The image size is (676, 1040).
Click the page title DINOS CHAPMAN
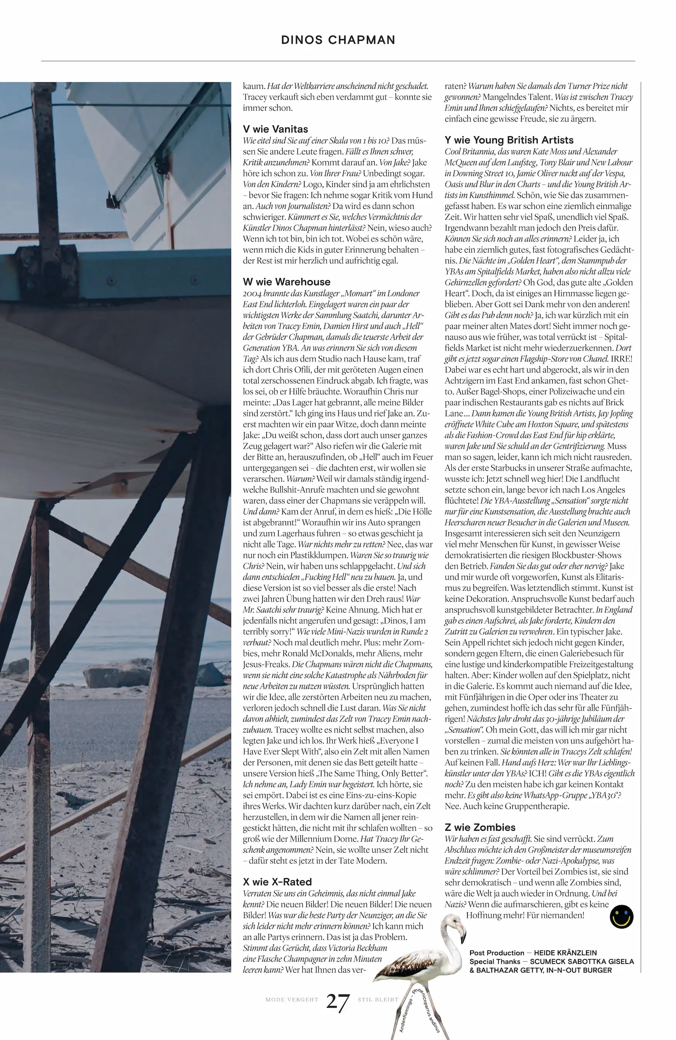pos(338,40)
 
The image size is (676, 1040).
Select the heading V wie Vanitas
pos(275,129)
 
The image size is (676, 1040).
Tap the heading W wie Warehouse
pos(287,282)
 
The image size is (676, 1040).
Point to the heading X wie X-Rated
pos(277,882)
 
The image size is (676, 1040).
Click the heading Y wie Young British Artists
pos(509,140)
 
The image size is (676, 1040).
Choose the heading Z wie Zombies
pos(480,827)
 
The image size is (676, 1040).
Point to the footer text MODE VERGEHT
pos(292,1000)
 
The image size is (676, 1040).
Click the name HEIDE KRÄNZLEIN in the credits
pos(565,953)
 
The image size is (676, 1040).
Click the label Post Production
pos(496,953)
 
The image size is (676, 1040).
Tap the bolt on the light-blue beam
pos(113,282)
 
